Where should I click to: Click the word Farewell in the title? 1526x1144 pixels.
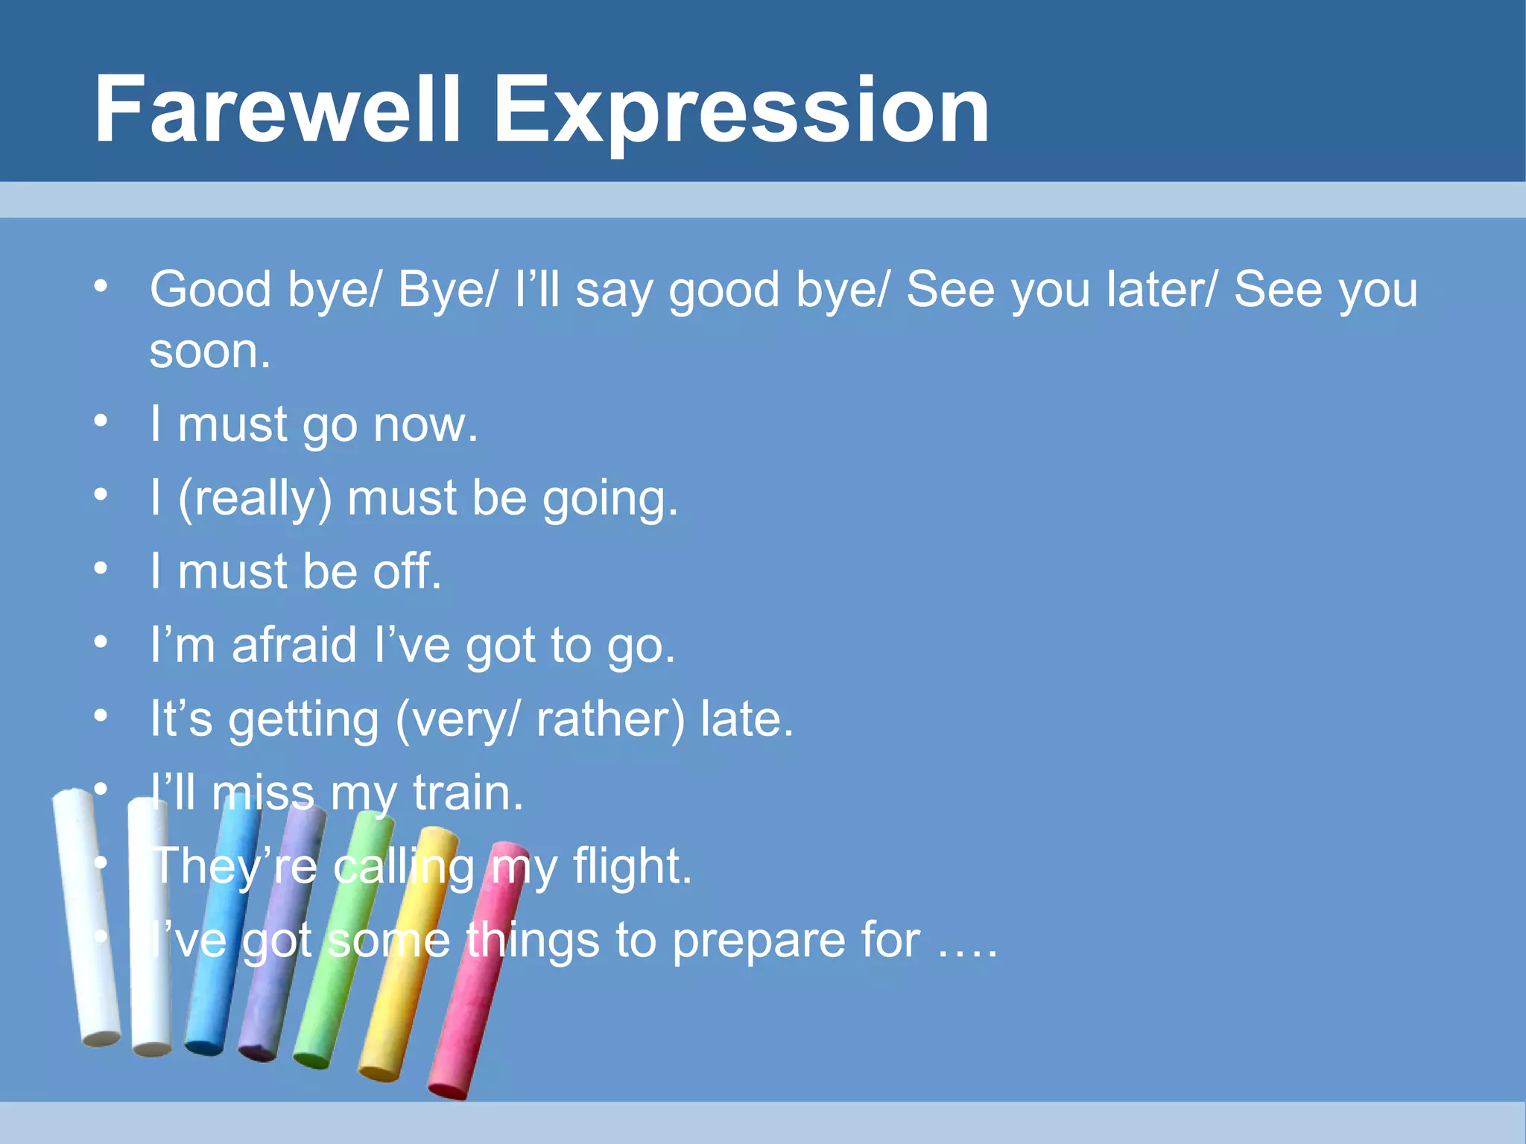(277, 109)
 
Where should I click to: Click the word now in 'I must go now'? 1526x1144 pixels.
(425, 425)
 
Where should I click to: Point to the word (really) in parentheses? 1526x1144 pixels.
(255, 499)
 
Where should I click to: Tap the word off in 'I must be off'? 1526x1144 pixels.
(407, 571)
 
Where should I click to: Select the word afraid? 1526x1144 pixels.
(294, 645)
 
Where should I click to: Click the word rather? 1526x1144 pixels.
(610, 719)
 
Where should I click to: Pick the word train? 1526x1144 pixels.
(468, 792)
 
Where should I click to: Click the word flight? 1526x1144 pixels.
(632, 867)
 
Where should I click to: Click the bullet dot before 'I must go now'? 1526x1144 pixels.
(101, 422)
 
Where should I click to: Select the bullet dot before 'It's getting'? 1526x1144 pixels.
(101, 716)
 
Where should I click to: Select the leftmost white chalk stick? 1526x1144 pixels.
(86, 916)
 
